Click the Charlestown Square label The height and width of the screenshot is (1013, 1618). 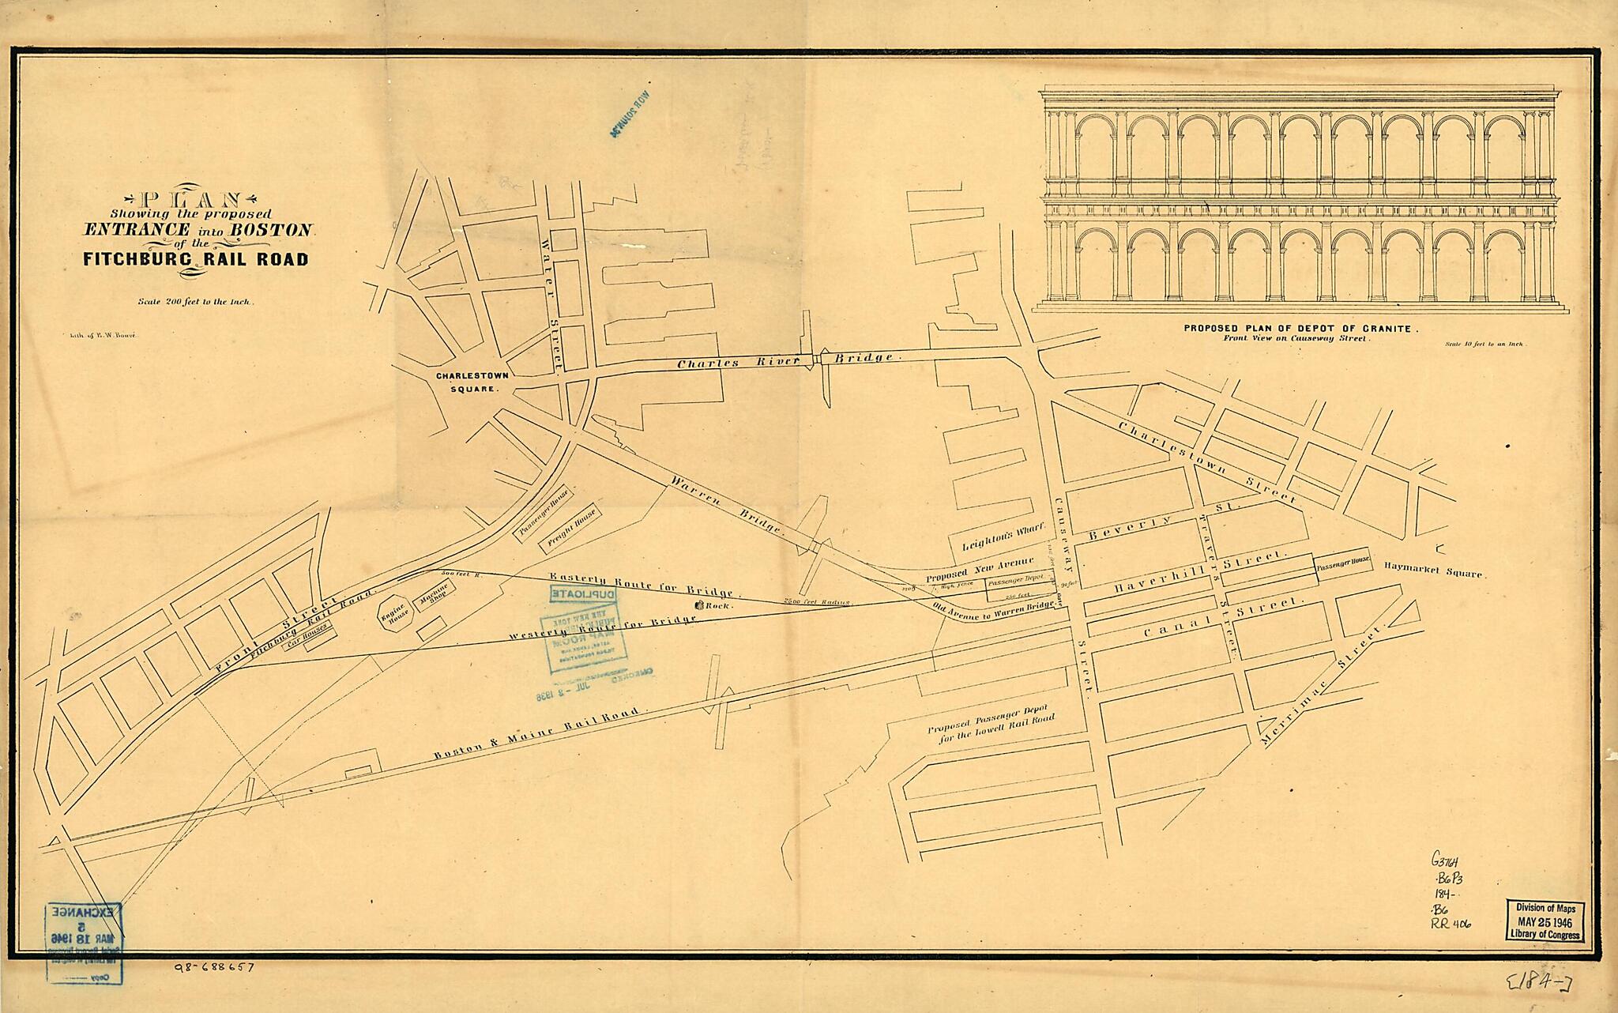pos(472,382)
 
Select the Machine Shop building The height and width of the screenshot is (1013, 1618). pos(435,596)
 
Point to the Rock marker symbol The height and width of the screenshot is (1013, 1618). pos(700,605)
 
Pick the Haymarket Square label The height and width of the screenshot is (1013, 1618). pos(1433,571)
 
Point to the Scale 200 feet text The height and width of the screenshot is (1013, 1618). pos(195,301)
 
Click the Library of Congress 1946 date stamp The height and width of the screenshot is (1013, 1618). pos(1546,921)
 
